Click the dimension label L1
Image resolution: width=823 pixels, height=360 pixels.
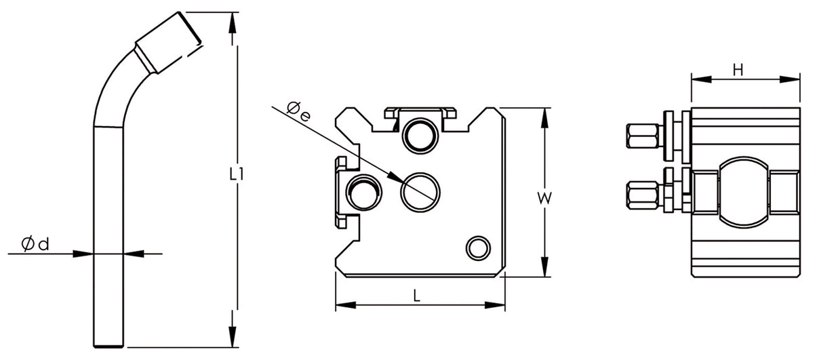pyautogui.click(x=236, y=174)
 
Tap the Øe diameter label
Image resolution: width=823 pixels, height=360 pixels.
pyautogui.click(x=298, y=111)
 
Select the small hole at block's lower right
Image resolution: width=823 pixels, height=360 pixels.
pyautogui.click(x=477, y=247)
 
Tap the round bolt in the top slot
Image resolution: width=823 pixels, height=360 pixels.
pyautogui.click(x=420, y=133)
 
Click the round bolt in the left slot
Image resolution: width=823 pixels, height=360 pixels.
pyautogui.click(x=363, y=191)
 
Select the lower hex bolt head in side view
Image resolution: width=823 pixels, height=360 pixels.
pyautogui.click(x=643, y=193)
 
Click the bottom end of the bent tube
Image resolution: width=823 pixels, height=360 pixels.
pyautogui.click(x=108, y=342)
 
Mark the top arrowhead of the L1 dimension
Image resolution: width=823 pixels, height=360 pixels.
pyautogui.click(x=235, y=20)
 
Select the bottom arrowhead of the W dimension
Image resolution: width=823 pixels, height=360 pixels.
pyautogui.click(x=544, y=267)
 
